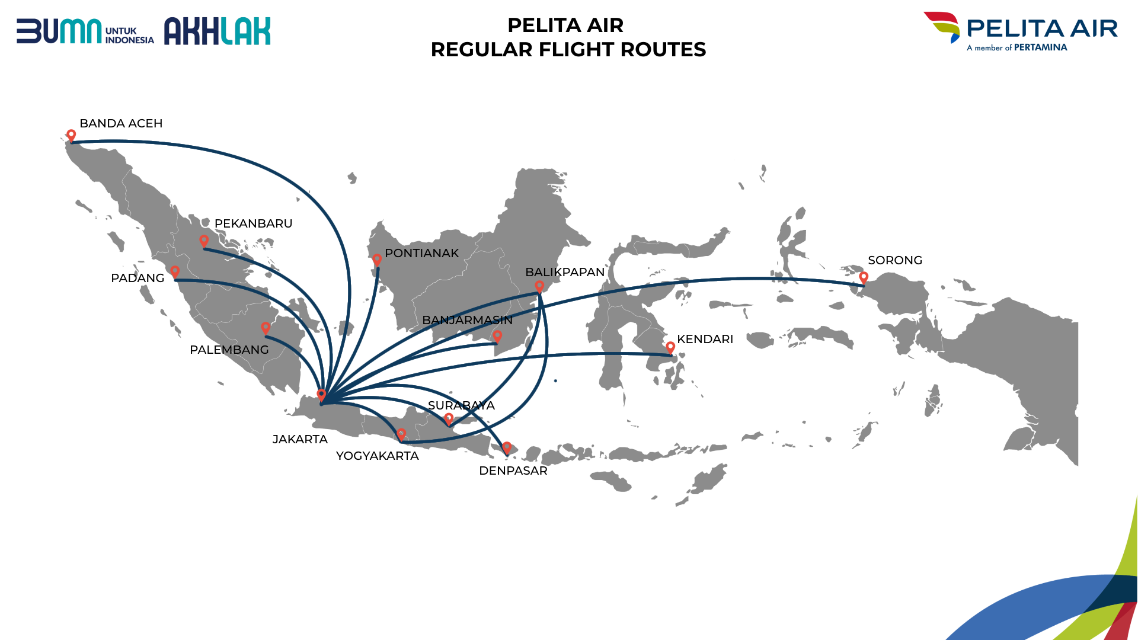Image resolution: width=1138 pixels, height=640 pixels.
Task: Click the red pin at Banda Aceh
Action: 71,135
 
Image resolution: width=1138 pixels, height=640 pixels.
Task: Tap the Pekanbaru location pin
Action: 204,240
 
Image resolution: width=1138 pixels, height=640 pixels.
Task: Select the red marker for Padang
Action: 175,271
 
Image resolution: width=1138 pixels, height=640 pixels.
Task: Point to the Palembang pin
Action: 266,327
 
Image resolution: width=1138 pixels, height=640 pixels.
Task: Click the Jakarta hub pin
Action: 321,394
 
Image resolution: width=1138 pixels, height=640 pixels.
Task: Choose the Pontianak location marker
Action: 377,260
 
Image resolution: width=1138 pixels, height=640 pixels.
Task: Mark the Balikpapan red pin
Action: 539,286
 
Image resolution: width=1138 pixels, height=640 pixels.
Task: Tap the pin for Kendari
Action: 670,347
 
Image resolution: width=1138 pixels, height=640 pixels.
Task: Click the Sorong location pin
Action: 864,277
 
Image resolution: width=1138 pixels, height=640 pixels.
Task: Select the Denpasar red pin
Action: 507,447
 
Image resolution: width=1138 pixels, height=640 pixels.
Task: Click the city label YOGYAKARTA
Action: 377,456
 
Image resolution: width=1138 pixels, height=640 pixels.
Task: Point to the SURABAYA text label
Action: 461,405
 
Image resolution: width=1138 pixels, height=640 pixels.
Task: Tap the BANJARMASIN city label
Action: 467,320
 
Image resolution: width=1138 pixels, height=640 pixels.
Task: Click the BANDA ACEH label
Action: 121,123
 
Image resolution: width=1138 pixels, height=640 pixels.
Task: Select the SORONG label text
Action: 895,260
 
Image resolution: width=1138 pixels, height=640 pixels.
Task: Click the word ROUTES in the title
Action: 663,50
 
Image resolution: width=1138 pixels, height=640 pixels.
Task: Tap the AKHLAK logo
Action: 217,31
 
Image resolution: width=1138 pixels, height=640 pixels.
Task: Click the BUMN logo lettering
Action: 59,31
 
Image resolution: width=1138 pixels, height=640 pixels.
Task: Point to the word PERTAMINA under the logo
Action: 1040,47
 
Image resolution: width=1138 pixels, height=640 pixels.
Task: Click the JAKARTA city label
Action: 300,439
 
